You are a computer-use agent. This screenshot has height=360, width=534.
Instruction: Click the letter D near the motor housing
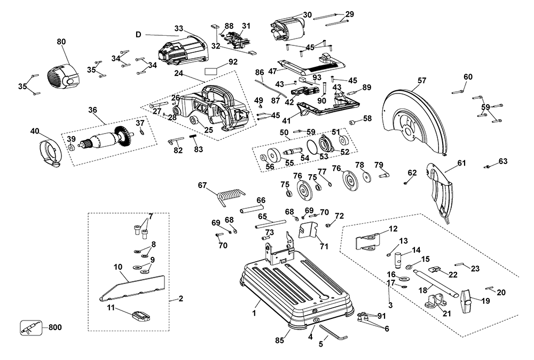coord(138,35)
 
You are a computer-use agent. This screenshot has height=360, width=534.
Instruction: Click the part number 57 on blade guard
coord(422,81)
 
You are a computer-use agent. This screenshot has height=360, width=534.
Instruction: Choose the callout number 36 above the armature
coord(93,111)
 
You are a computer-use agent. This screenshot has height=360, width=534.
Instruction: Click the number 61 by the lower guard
coord(461,163)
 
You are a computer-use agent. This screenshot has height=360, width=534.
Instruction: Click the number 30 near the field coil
coord(307,14)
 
